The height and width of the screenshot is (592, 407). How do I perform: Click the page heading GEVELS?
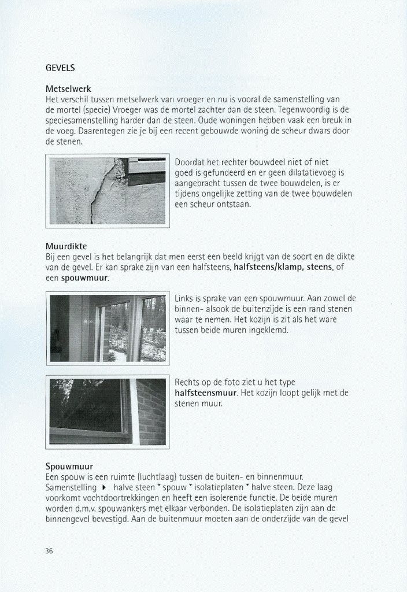[60, 68]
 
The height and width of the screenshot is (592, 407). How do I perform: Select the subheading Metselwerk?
[66, 90]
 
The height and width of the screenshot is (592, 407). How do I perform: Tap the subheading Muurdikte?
[66, 247]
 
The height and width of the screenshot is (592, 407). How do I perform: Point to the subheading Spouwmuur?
[69, 466]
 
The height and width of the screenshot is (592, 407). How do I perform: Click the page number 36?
[49, 551]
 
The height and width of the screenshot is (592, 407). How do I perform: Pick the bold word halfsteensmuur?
[205, 393]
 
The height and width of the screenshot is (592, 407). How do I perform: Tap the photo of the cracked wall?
[107, 191]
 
